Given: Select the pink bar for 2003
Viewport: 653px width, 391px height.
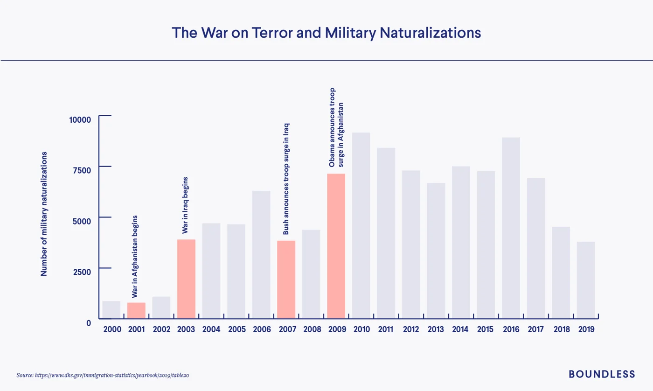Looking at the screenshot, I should [x=186, y=279].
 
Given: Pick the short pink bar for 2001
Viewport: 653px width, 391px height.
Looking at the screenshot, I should [x=136, y=311].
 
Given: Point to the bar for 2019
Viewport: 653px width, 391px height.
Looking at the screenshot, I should [x=586, y=280].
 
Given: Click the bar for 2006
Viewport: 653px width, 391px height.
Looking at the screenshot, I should [x=261, y=255].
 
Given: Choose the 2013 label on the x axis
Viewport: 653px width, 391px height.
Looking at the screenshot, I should [x=436, y=329].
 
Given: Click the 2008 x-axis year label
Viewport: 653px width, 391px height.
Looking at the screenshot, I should [x=312, y=329].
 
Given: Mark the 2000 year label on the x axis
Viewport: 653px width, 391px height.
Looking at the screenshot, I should [x=112, y=329].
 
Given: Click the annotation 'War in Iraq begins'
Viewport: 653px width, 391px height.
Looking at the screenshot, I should [x=185, y=205].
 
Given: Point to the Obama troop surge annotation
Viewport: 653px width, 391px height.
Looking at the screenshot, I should [x=336, y=127].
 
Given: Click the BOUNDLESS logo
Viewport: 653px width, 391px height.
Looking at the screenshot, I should [x=602, y=374].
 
